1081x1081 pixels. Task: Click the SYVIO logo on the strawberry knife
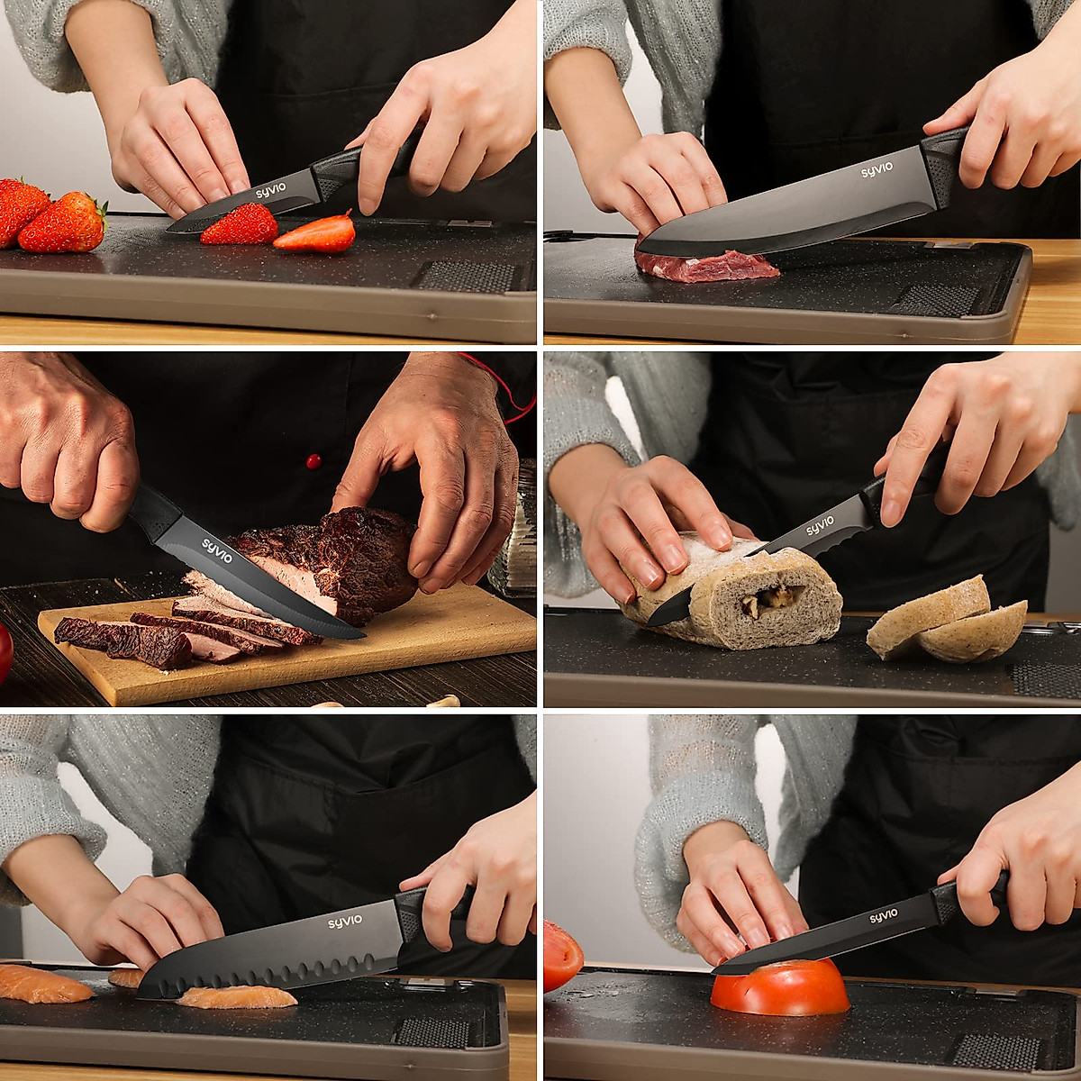(271, 193)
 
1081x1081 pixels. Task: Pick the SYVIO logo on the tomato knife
(884, 916)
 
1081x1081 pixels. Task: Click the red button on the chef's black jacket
(313, 461)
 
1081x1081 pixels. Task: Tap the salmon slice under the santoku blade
(236, 997)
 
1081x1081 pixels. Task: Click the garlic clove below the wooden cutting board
(444, 700)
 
